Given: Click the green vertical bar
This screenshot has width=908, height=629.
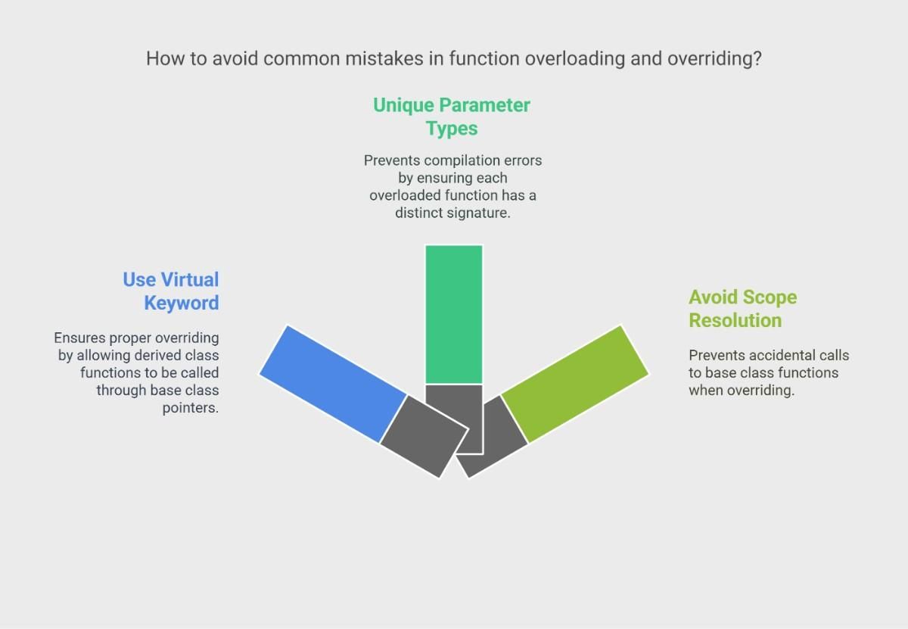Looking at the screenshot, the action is [x=453, y=314].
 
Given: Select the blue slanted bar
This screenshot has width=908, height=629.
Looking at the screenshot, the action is [x=333, y=384].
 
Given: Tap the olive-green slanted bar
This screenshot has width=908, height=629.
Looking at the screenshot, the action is [x=575, y=384].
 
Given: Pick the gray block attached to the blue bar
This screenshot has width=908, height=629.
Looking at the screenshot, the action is [x=424, y=437].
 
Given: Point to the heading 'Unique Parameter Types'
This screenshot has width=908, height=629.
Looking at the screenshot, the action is [x=452, y=117].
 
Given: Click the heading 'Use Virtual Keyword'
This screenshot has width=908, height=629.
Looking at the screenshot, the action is [x=171, y=291].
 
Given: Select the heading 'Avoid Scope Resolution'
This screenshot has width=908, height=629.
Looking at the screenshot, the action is [x=742, y=309].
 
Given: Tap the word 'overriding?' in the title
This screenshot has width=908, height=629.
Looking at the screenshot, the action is [x=714, y=59].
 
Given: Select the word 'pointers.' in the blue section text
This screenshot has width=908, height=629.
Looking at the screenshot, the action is [x=191, y=408].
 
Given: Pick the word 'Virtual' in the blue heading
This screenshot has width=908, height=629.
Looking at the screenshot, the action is [x=190, y=280].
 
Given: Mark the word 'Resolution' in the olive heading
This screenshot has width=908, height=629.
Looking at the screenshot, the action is [x=735, y=320].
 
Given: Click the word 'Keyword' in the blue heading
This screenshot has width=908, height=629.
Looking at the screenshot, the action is [x=182, y=303].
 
